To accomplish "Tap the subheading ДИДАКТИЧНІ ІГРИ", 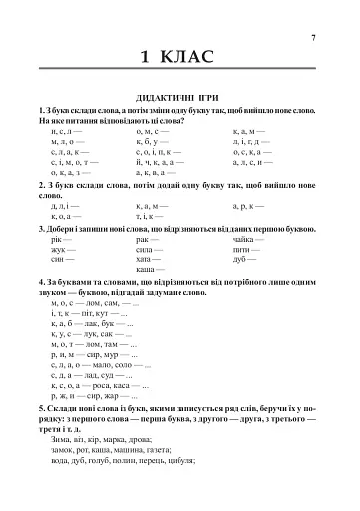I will point(180,97).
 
